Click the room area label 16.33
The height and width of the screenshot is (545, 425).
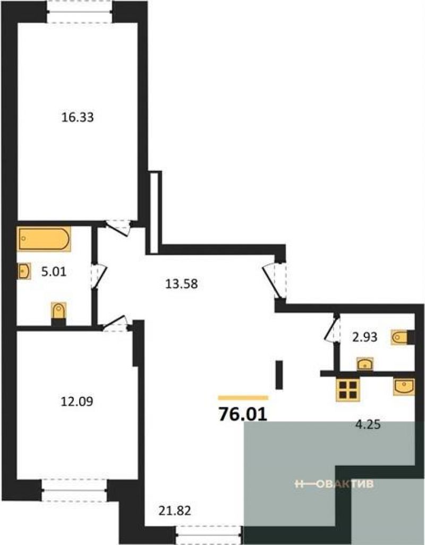(x=77, y=117)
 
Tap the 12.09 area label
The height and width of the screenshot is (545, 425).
(x=77, y=402)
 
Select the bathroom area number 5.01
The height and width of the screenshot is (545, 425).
(x=54, y=272)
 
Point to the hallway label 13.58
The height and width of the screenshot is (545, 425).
(x=181, y=284)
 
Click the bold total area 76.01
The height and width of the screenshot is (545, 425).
(x=243, y=414)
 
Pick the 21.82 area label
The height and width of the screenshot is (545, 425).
(x=175, y=511)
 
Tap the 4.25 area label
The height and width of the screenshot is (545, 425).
(x=368, y=425)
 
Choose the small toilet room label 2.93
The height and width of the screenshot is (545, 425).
(x=365, y=337)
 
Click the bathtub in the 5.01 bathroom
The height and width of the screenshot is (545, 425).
(x=44, y=239)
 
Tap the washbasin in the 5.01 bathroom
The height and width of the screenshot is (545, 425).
(x=24, y=271)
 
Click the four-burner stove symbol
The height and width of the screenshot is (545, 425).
(x=347, y=390)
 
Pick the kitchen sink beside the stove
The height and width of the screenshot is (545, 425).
(x=404, y=387)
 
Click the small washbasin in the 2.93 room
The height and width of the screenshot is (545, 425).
(x=365, y=364)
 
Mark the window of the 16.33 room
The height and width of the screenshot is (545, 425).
(x=79, y=12)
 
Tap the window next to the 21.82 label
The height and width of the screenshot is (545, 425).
(x=209, y=535)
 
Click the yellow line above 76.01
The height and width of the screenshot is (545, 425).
(x=243, y=397)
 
